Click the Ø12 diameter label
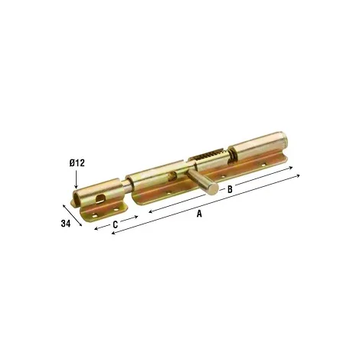(x=77, y=162)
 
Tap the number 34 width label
(x=66, y=224)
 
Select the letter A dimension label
(x=199, y=214)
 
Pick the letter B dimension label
(x=230, y=189)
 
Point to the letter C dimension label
(x=116, y=224)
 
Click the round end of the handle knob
(x=212, y=190)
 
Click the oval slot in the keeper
(x=101, y=198)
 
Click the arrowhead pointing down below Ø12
(x=76, y=187)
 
